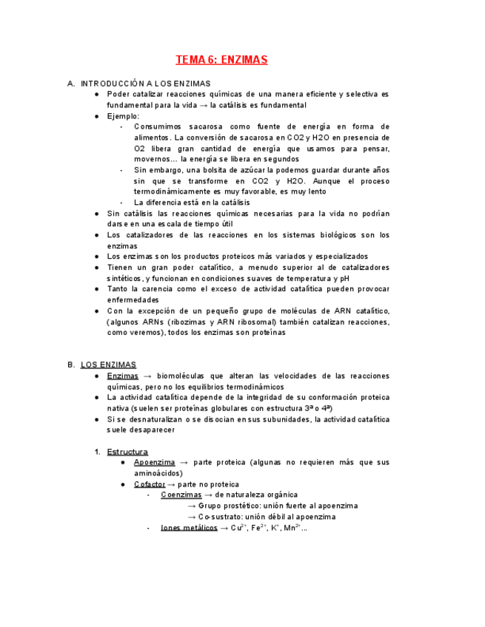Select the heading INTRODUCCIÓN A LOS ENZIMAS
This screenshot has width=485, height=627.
[145, 84]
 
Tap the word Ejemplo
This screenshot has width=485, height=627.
[122, 116]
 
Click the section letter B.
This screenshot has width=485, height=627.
[70, 365]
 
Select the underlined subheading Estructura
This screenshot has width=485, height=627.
[127, 452]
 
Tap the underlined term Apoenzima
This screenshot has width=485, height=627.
[154, 462]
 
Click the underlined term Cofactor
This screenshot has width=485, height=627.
[150, 484]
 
